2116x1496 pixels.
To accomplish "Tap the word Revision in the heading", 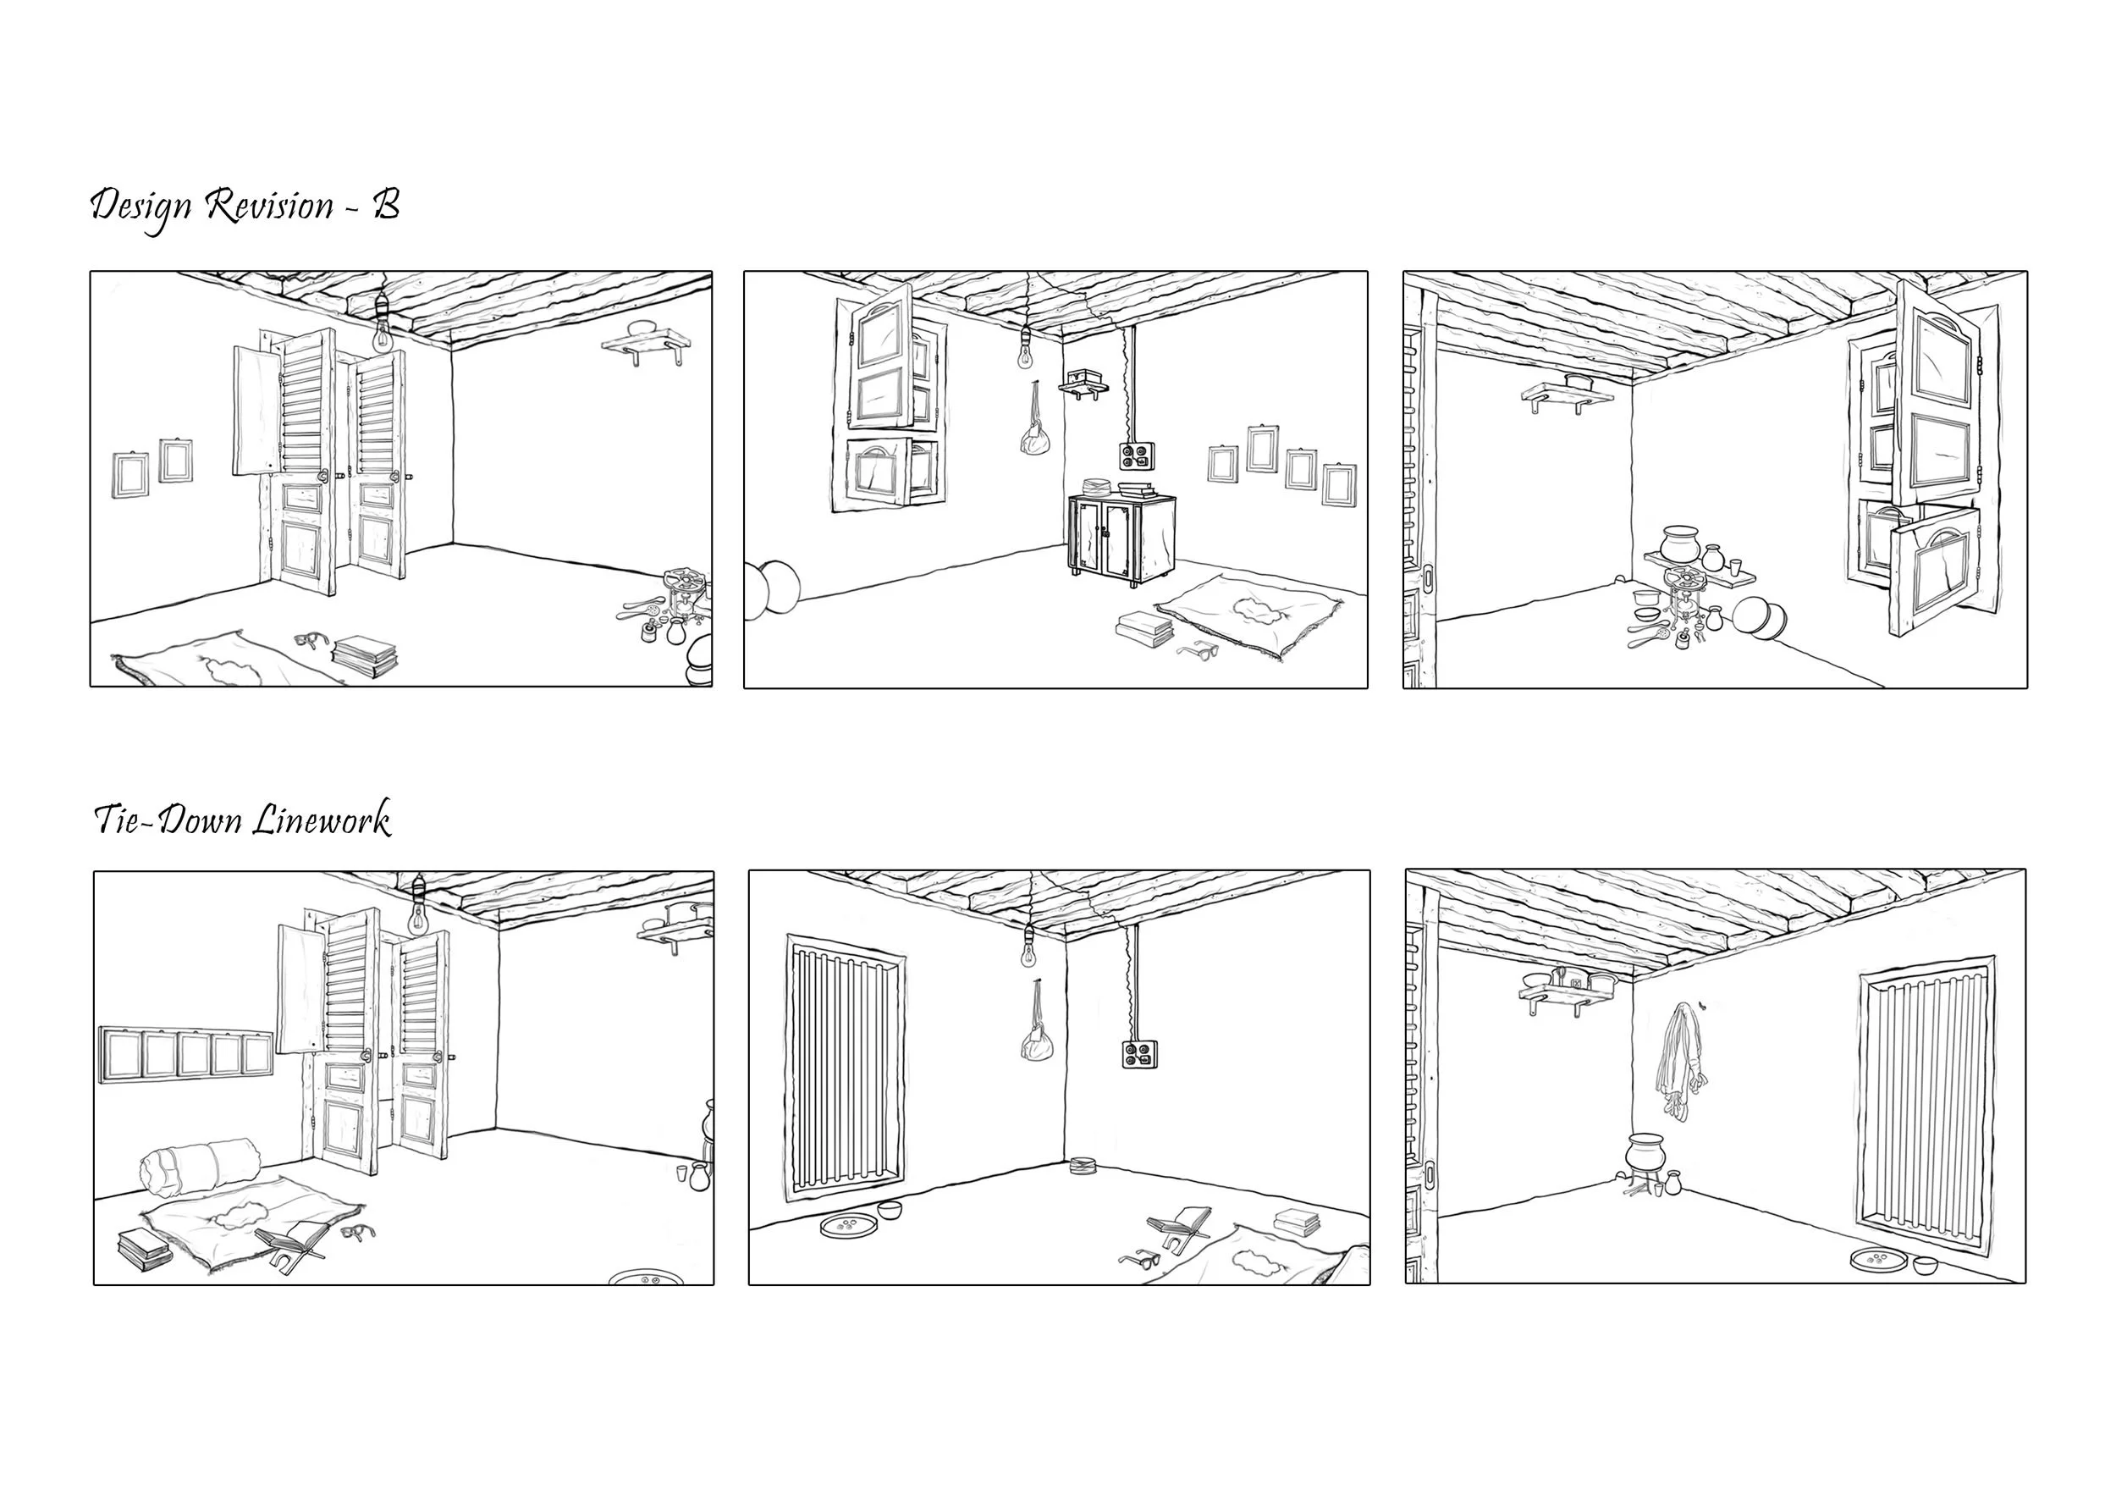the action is click(x=269, y=205).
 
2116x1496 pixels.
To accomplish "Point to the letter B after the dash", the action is click(x=385, y=205).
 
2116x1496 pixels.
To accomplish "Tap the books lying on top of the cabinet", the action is click(x=1138, y=489).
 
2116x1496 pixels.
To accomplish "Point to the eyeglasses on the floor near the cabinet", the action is click(x=1197, y=652).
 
